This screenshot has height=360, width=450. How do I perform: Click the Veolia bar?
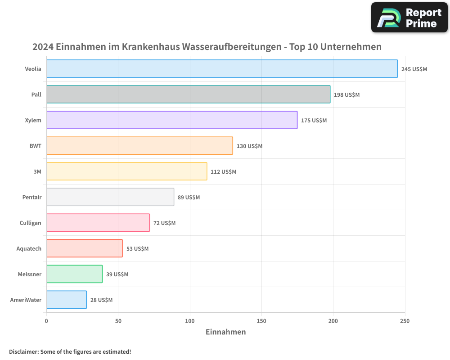tap(222, 69)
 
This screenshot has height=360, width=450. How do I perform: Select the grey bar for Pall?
tap(188, 94)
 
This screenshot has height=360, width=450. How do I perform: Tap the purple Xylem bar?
tap(171, 120)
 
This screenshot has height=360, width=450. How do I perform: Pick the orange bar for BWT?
tap(139, 146)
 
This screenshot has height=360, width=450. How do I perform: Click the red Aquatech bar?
tap(84, 248)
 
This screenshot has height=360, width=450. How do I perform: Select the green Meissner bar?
tap(74, 274)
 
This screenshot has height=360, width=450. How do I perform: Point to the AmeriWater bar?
tap(66, 300)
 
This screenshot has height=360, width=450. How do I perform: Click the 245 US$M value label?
tap(414, 69)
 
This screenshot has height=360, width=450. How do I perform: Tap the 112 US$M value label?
tap(223, 172)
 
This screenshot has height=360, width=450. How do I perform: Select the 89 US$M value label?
tap(189, 198)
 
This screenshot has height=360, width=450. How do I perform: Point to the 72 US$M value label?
tap(164, 223)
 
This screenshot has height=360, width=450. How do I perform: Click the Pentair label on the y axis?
tap(31, 198)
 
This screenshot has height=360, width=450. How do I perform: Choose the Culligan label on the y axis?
tap(30, 223)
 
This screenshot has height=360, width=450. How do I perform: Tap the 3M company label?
tap(37, 172)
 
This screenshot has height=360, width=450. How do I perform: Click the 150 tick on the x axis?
tap(261, 321)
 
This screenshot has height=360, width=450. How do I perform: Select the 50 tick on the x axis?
tap(118, 321)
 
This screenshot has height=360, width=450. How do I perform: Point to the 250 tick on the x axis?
tap(405, 321)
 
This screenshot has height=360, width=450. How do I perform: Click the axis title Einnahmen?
tap(225, 332)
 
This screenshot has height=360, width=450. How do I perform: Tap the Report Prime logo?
tap(409, 18)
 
